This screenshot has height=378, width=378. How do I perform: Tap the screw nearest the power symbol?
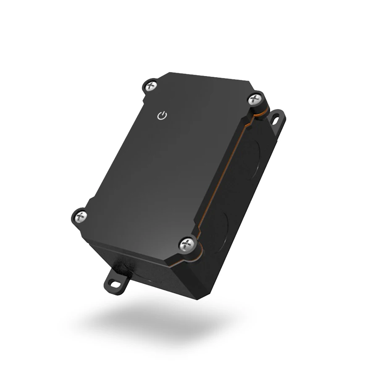click(x=151, y=86)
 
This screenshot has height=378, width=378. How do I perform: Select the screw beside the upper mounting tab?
click(x=254, y=100)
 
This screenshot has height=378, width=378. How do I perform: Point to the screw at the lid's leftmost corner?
click(x=80, y=216)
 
